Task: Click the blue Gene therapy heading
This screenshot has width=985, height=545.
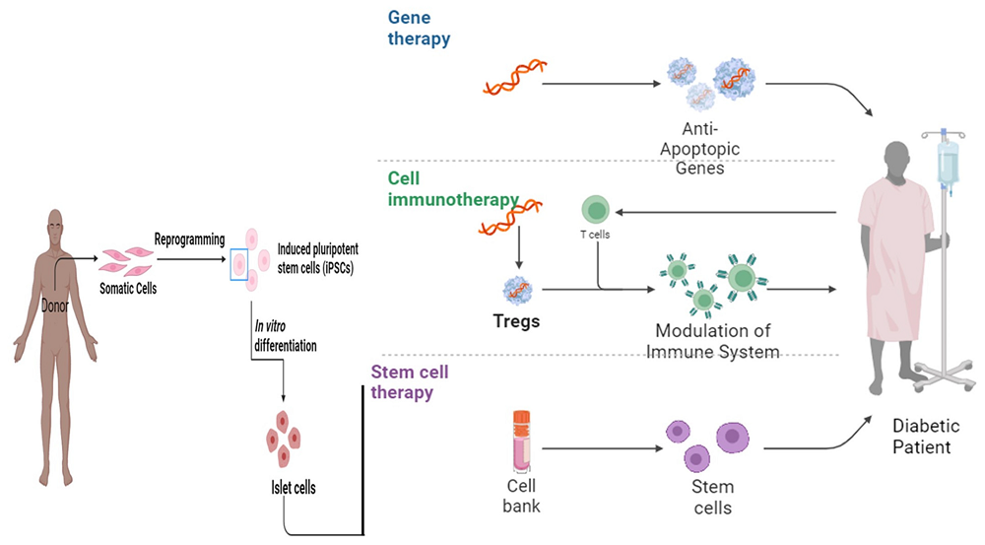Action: click(x=419, y=29)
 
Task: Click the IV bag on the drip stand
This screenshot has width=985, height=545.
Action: click(x=949, y=163)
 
